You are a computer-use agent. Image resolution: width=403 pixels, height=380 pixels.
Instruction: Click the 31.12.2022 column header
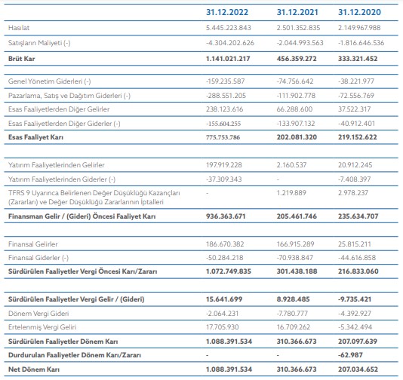point(227,12)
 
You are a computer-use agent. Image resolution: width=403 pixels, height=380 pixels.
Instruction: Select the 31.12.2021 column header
point(297,12)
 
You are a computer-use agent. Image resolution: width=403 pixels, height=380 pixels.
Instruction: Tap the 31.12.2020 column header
point(359,12)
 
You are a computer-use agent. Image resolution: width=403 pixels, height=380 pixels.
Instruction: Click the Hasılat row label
point(19,28)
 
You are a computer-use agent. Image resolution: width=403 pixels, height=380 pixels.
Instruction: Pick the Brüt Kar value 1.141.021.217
point(228,59)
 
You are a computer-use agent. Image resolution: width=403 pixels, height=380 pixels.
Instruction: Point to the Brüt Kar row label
point(21,59)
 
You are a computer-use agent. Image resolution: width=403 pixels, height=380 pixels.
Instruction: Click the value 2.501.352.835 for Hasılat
point(298,28)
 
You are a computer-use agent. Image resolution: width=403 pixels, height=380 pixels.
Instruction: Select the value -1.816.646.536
point(361,43)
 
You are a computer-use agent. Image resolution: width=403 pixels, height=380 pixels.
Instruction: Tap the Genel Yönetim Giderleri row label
point(49,81)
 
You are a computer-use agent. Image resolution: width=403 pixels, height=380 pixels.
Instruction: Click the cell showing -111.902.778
point(296,96)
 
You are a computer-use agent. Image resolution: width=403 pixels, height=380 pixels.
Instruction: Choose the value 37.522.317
point(355,109)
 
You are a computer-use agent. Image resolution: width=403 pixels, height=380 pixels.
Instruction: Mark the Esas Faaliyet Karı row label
point(35,137)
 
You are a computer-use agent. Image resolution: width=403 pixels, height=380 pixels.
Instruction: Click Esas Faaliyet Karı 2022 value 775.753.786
point(223,137)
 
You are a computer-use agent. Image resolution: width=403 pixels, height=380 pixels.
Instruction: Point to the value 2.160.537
point(292,165)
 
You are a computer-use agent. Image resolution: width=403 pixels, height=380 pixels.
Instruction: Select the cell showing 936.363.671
point(226,216)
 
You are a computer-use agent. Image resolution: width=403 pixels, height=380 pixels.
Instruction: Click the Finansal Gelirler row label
point(33,244)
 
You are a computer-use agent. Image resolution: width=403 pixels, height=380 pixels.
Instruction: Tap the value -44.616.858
point(357,258)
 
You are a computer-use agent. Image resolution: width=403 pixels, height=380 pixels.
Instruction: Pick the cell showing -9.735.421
point(355,299)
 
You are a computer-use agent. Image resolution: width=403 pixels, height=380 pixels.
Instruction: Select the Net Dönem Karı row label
point(34,369)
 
